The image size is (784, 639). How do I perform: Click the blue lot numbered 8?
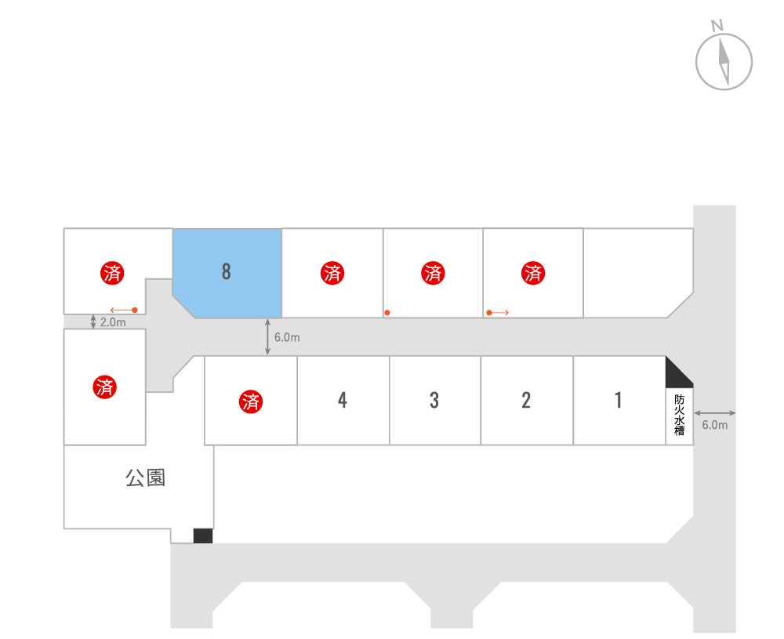227,273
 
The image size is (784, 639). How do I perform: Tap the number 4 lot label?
343,400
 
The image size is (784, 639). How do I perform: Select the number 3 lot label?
434,400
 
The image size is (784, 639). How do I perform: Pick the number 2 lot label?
526,400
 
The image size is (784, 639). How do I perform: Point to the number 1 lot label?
619,400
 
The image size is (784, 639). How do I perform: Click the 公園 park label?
145,478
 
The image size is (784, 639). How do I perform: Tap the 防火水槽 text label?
679,415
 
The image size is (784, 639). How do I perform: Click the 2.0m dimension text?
113,322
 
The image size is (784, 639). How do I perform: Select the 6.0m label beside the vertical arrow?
287,337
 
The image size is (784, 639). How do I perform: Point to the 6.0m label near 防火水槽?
714,425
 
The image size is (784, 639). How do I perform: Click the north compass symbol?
724,61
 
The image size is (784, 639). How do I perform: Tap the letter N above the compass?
717,26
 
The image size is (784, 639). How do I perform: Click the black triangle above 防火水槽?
679,372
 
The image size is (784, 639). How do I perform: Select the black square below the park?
203,536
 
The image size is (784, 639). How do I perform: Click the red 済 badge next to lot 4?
251,401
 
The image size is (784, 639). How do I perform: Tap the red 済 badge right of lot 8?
332,273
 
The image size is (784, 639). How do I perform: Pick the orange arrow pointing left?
124,310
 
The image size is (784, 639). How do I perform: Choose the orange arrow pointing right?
498,313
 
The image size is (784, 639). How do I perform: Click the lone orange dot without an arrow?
387,313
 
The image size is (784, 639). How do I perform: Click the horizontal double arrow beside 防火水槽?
715,412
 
